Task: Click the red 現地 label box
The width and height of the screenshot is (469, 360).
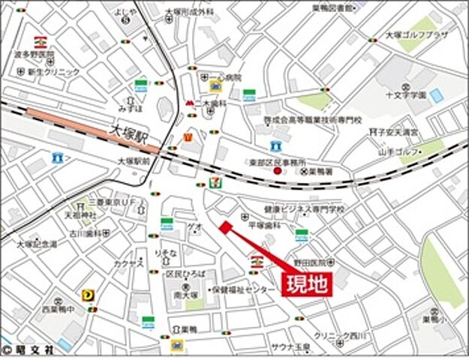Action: click(306, 284)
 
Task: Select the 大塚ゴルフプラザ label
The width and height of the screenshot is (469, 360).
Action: click(416, 35)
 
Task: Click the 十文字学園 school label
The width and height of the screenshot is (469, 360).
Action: click(406, 95)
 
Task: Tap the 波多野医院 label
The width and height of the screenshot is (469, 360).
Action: click(35, 55)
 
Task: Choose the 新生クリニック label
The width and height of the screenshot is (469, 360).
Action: click(53, 71)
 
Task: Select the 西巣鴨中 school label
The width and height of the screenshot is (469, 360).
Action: click(58, 308)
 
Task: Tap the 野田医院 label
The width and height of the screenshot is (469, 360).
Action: click(309, 263)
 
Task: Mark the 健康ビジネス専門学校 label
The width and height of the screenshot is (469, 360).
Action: click(293, 210)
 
